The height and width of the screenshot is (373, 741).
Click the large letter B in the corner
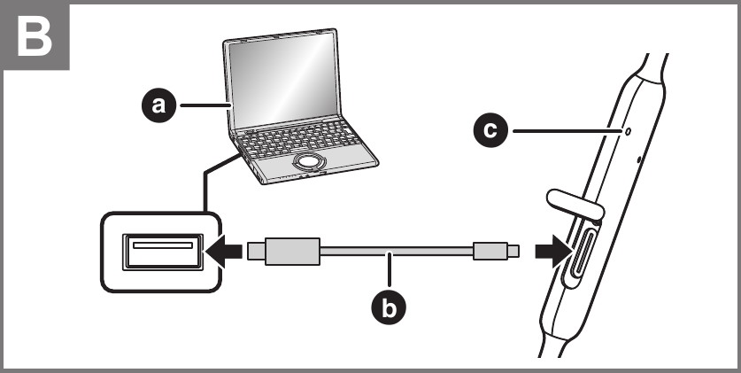35,36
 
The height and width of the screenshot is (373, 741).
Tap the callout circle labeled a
159,105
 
